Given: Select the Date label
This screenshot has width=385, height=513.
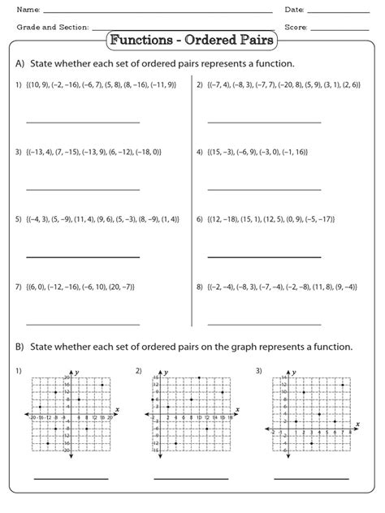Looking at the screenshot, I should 294,9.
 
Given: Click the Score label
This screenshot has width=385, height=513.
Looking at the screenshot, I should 296,28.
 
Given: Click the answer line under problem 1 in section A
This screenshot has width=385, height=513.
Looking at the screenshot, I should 82,123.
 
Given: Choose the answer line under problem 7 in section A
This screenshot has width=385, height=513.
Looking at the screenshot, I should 82,324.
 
